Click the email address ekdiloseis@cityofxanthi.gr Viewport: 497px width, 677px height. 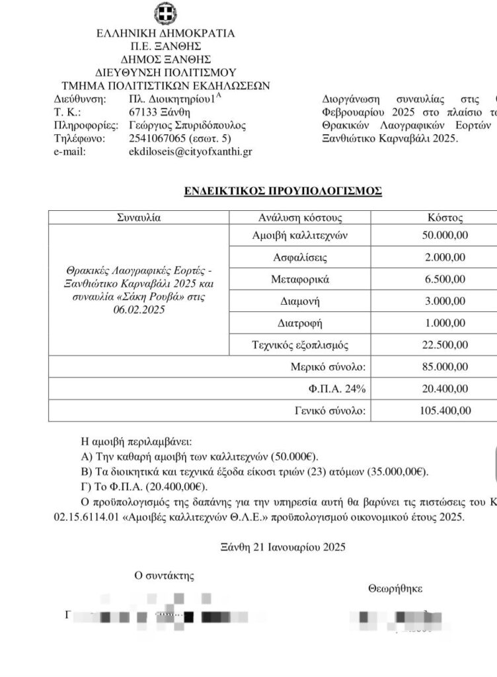tap(190, 151)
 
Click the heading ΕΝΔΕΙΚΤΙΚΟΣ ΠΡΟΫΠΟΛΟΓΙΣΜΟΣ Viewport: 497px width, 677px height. tap(283, 190)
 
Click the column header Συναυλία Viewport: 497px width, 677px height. tap(138, 218)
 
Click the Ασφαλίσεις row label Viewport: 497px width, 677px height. tap(300, 257)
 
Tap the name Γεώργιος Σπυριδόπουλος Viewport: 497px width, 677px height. tap(187, 125)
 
